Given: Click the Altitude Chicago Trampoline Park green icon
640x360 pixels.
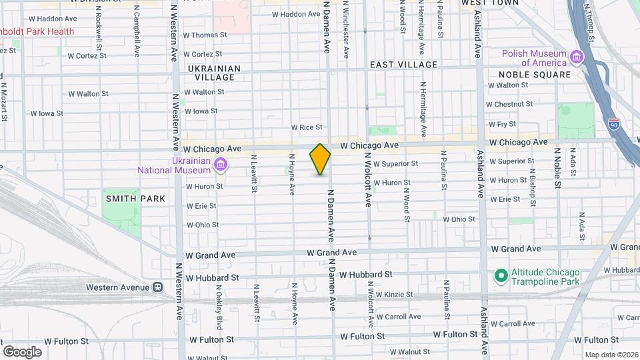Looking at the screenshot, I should tap(500, 275).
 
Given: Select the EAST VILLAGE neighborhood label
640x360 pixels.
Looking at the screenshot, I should tap(404, 65).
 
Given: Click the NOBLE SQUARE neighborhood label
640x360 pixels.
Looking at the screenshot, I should tap(537, 75).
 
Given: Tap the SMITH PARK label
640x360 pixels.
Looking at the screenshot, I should tap(125, 199).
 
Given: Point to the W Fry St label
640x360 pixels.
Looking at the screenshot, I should tap(502, 124).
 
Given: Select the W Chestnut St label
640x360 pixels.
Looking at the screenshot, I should tap(513, 105).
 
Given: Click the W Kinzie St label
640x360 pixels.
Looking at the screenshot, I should tap(394, 294).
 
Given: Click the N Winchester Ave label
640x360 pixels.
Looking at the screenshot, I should tap(345, 32).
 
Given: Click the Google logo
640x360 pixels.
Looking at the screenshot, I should tap(22, 352).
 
